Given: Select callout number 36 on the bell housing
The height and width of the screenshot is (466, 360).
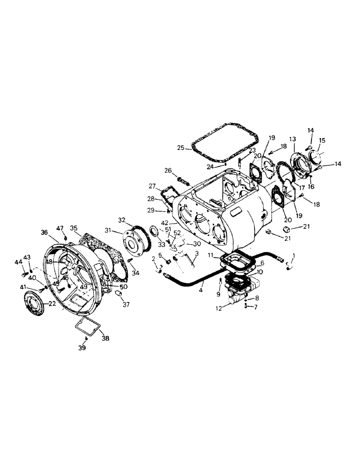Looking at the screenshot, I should coord(44,232).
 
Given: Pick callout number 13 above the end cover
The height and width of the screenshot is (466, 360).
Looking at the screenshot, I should coord(292,139).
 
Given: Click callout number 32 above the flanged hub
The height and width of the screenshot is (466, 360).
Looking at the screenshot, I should coord(122,219).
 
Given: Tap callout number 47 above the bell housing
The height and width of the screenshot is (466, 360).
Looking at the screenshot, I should coord(60,228).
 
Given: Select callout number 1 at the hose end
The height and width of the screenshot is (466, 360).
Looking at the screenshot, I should coord(293,255).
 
